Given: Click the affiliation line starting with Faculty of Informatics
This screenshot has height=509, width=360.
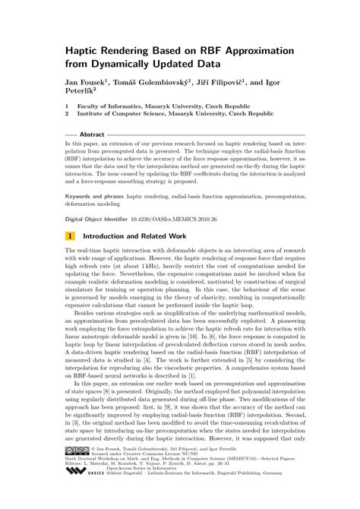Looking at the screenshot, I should pyautogui.click(x=153, y=106).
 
